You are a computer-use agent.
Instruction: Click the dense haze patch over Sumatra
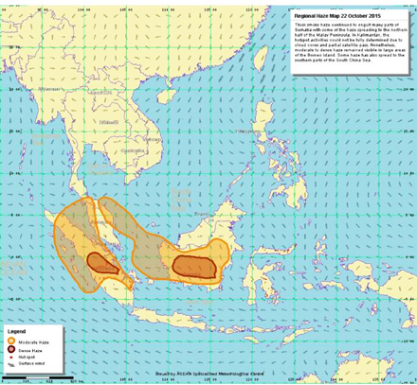point(102,263)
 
